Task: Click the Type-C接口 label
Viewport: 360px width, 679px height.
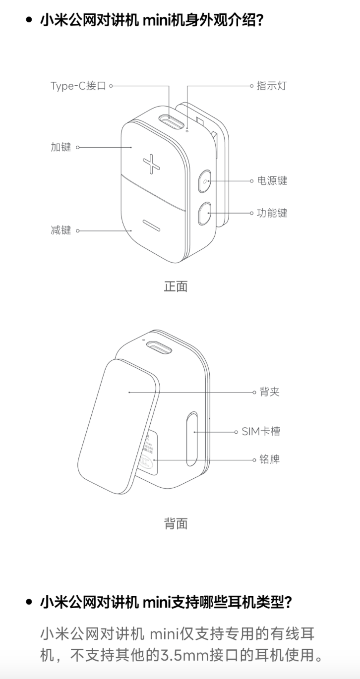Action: (x=78, y=86)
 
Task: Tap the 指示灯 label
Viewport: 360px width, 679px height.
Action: (x=271, y=86)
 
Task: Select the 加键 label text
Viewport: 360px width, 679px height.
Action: (x=61, y=147)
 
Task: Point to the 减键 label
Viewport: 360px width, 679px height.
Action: (x=61, y=230)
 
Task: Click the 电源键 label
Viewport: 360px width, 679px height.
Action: (x=272, y=181)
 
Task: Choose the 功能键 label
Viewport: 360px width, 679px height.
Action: (x=272, y=213)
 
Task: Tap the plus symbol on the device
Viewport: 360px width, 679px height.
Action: (x=151, y=164)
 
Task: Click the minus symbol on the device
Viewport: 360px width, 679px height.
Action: (x=150, y=226)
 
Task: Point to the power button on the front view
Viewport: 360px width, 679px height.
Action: (x=205, y=182)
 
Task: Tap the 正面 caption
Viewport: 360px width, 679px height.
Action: (x=176, y=286)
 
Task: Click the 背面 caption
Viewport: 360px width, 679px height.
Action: (x=176, y=524)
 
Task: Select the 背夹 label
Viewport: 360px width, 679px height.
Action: (x=269, y=392)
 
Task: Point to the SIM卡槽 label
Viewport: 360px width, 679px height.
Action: (x=261, y=432)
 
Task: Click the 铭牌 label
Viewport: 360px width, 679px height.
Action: (x=269, y=459)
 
